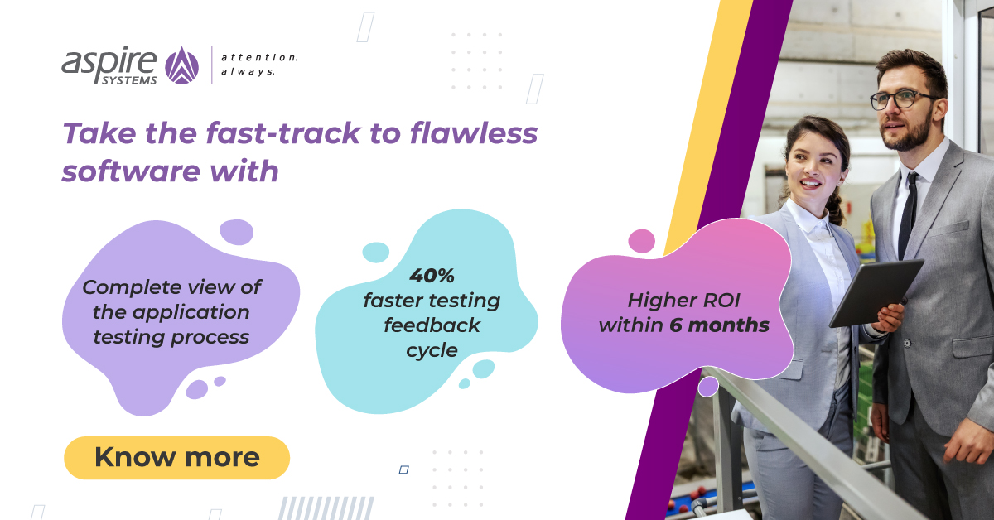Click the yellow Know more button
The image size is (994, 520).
(176, 457)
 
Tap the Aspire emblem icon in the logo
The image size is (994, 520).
(181, 65)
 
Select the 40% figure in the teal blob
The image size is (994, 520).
(432, 275)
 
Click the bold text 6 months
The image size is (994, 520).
(719, 325)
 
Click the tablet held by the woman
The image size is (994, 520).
(876, 291)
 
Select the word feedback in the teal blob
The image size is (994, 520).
(432, 325)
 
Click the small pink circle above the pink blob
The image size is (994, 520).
(641, 241)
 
